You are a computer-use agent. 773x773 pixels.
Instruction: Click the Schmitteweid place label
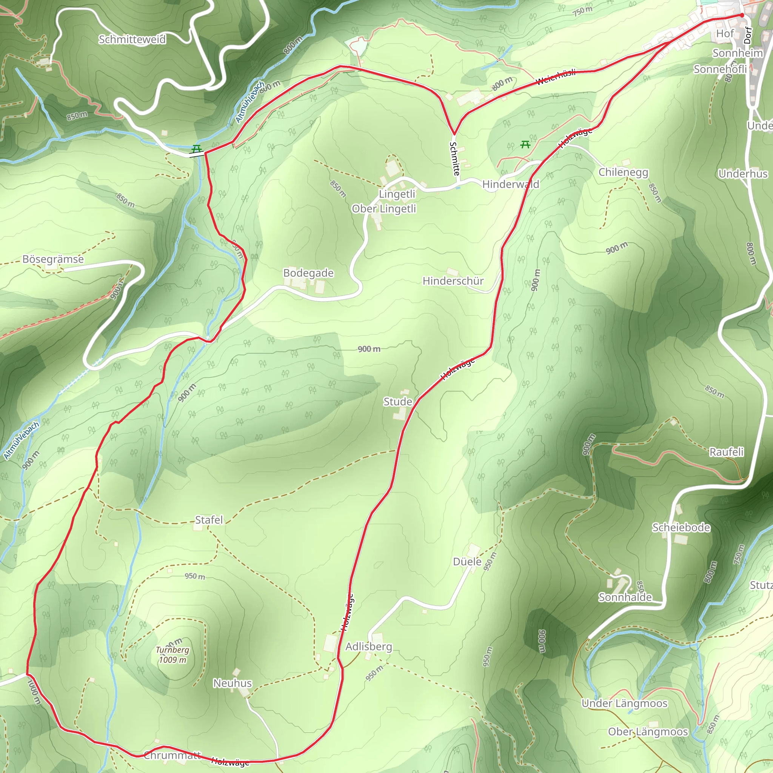pyautogui.click(x=132, y=39)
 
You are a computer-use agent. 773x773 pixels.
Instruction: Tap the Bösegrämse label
pyautogui.click(x=53, y=259)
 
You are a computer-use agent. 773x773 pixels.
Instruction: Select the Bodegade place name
pyautogui.click(x=308, y=273)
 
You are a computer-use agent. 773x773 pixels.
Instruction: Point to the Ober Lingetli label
pyautogui.click(x=384, y=208)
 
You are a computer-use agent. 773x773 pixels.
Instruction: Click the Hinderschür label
pyautogui.click(x=453, y=281)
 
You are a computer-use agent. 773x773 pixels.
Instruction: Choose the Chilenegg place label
pyautogui.click(x=623, y=172)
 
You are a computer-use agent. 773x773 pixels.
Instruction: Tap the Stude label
pyautogui.click(x=397, y=401)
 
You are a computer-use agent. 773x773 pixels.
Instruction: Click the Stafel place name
pyautogui.click(x=208, y=520)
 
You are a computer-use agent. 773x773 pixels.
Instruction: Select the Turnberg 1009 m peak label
pyautogui.click(x=172, y=655)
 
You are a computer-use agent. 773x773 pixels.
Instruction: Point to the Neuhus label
pyautogui.click(x=232, y=683)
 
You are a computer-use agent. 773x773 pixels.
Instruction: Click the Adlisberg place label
pyautogui.click(x=368, y=647)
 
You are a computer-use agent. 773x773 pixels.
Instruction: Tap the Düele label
pyautogui.click(x=467, y=562)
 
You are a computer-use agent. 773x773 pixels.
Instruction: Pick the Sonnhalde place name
pyautogui.click(x=625, y=597)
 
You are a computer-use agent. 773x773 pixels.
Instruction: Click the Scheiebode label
pyautogui.click(x=681, y=528)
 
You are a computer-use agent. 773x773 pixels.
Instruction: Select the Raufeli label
pyautogui.click(x=726, y=452)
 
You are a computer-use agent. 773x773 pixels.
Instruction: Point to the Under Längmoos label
pyautogui.click(x=624, y=704)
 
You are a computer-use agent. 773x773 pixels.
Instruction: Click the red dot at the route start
pyautogui.click(x=742, y=15)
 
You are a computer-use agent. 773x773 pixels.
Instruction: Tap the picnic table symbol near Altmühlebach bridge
pyautogui.click(x=196, y=149)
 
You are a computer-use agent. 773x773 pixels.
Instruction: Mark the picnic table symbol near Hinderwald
pyautogui.click(x=525, y=144)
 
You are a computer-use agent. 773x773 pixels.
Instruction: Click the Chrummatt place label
pyautogui.click(x=172, y=755)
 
